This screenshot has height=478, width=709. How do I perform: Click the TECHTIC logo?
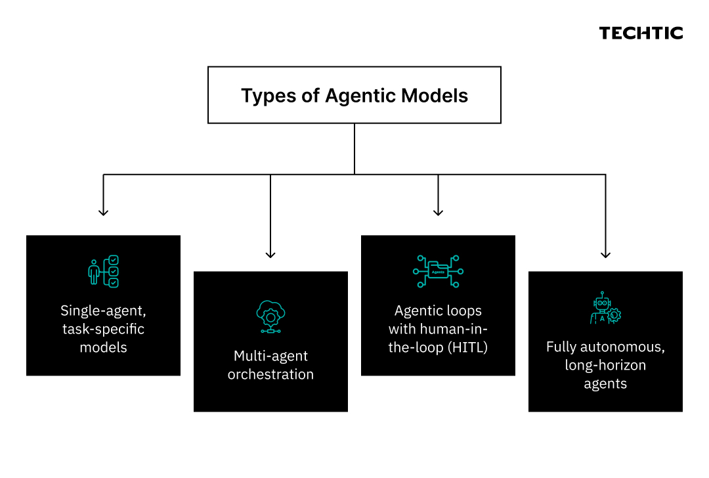click(x=641, y=33)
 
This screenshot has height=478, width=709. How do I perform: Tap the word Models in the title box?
click(x=435, y=95)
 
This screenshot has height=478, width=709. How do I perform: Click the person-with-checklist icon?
click(x=104, y=271)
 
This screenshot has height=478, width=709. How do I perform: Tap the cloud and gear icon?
click(x=270, y=316)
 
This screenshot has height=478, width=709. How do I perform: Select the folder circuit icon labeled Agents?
click(x=438, y=271)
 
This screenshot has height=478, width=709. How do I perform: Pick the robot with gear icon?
click(x=605, y=308)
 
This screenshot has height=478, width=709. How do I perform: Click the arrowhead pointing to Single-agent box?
click(x=104, y=212)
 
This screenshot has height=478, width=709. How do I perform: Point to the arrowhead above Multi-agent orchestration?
click(x=270, y=254)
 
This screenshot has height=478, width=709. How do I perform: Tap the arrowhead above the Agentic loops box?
click(x=438, y=212)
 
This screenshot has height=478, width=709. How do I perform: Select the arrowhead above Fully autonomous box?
click(x=605, y=254)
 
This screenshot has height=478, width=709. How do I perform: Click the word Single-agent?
click(x=103, y=311)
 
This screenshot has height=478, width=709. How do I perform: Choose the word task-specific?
click(x=103, y=329)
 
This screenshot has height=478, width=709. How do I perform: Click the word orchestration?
click(x=270, y=374)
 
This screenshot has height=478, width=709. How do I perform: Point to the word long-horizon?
click(x=605, y=365)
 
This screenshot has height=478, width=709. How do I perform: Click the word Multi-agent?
click(x=270, y=356)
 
